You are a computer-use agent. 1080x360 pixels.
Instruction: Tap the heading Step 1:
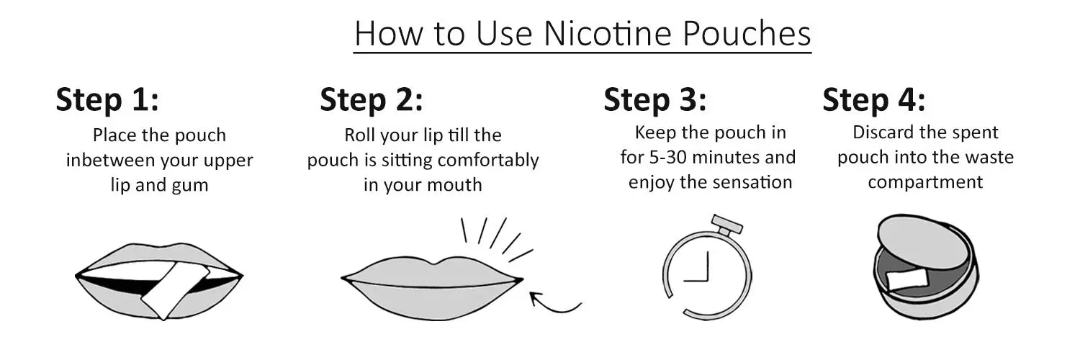[107, 100]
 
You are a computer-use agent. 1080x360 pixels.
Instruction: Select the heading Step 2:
[372, 100]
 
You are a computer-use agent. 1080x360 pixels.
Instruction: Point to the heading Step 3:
[655, 100]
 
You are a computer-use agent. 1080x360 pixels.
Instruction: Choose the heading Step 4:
[873, 100]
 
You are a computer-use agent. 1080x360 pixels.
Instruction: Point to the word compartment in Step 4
[925, 182]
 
